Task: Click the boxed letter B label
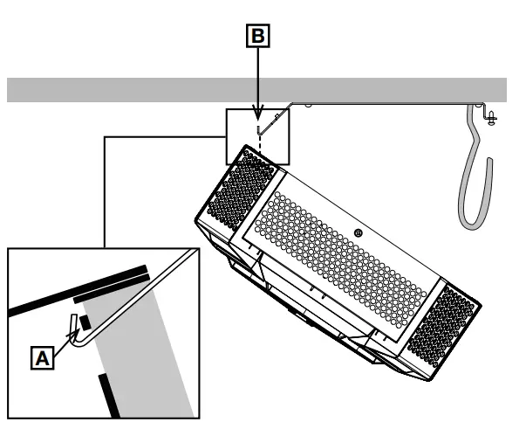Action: click(258, 38)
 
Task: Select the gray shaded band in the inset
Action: click(148, 349)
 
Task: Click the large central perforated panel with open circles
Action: click(340, 253)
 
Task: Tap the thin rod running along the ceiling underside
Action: click(393, 103)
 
